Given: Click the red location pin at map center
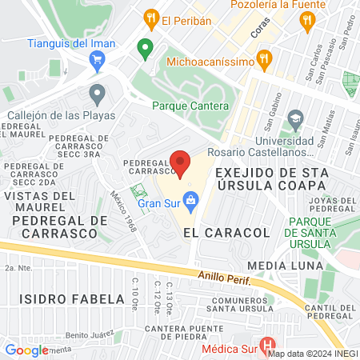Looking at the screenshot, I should tap(180, 163).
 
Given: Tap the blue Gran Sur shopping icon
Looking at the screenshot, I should tap(190, 199).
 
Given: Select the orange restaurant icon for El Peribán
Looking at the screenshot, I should tap(149, 18).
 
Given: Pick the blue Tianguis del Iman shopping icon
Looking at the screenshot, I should tap(98, 58).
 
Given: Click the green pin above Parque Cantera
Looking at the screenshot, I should tap(145, 50).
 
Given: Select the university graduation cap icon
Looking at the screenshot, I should tap(294, 120).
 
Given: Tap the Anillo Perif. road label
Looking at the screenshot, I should tap(226, 280).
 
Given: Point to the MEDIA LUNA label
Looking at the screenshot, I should tap(285, 266).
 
